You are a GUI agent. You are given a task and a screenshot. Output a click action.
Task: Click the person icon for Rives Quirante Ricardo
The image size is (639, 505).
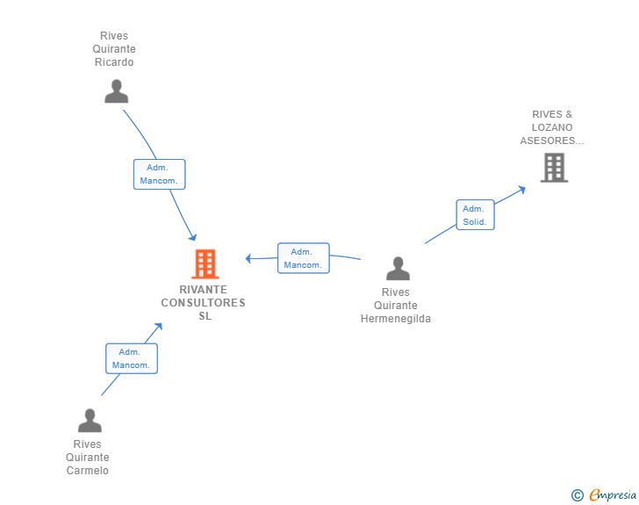[116, 91]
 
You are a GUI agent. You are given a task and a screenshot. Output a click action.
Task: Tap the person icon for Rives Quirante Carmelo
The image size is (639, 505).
[90, 421]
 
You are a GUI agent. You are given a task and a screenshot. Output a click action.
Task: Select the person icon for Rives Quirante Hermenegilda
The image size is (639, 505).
[398, 269]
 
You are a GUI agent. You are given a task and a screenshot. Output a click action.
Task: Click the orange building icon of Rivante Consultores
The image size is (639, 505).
[205, 263]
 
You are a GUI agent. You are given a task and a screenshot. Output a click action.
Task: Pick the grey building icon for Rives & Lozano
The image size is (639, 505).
[554, 167]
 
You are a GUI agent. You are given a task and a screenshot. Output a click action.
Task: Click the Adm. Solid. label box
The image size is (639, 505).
[475, 215]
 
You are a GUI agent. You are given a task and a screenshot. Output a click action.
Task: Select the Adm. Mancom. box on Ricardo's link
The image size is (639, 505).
[159, 174]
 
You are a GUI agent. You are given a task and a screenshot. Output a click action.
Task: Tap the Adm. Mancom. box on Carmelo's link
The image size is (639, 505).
[132, 358]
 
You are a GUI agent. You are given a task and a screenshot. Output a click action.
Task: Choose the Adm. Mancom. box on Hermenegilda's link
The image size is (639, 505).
[303, 258]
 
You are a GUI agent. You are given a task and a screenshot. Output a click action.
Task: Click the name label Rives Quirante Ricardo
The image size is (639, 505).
[114, 49]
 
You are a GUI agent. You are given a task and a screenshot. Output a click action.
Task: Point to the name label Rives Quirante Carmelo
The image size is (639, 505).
[88, 457]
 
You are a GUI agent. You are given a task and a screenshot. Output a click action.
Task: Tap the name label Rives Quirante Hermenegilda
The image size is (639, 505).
[396, 306]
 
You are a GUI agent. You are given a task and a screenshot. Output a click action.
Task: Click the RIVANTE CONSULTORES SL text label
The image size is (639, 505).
[204, 303]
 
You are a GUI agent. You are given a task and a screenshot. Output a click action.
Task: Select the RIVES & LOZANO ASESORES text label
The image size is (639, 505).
[551, 127]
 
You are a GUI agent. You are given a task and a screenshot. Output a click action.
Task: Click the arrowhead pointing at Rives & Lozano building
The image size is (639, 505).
[521, 188]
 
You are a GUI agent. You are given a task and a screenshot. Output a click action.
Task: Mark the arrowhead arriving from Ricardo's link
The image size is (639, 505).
[192, 236]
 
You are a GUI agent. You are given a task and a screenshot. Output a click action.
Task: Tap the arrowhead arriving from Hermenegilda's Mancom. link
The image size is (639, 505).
[250, 258]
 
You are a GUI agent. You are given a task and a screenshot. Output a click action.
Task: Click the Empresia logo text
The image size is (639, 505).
[613, 495]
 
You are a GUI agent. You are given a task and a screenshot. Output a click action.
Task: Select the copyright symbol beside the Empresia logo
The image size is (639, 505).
[577, 495]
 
